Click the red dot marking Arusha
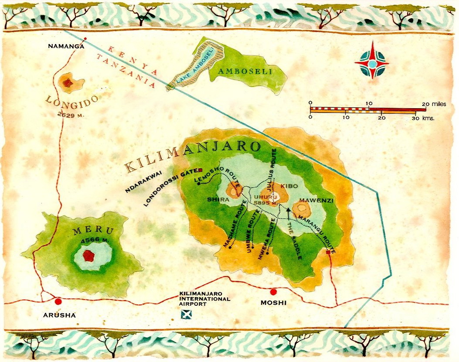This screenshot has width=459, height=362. point(58,301)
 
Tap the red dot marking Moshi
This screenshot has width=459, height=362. point(273,292)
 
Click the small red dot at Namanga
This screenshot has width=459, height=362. point(85,39)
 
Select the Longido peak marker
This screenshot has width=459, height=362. point(68,82)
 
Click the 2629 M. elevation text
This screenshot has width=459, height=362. point(70,115)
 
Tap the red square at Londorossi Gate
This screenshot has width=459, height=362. point(201,170)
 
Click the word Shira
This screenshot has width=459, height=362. point(217,200)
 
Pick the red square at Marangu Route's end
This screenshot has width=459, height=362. point(328,252)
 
